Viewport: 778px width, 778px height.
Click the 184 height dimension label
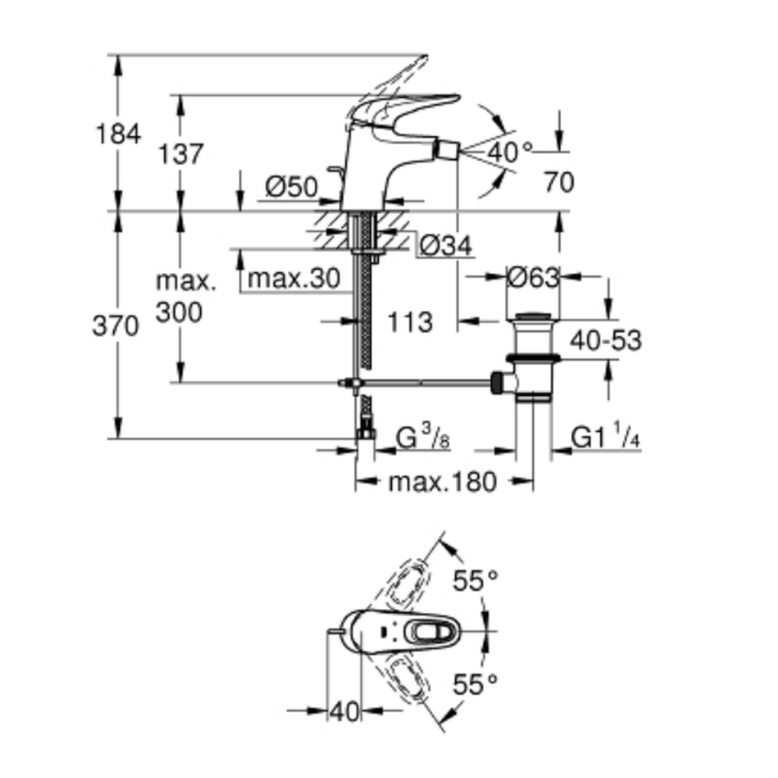point(118,134)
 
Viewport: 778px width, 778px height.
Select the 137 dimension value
point(180,154)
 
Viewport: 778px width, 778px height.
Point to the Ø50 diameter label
point(291,187)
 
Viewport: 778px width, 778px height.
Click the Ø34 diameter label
point(446,246)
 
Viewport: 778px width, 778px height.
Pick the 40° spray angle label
point(510,152)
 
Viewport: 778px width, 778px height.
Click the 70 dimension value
point(558,183)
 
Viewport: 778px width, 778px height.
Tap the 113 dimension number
point(410,321)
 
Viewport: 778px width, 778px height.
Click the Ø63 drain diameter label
point(533,276)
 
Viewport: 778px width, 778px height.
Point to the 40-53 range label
point(606,340)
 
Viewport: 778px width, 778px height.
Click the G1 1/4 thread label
point(605,439)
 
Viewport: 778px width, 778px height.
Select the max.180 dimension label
point(441,482)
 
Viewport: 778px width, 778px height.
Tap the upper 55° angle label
point(475,580)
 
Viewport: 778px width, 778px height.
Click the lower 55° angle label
point(475,685)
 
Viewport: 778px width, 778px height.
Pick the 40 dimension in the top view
point(343,710)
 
